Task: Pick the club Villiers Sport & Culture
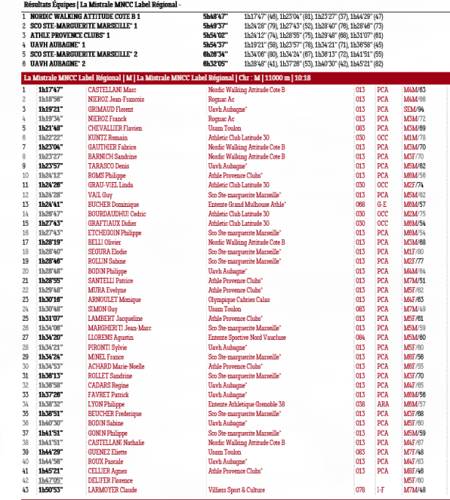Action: pos(236,490)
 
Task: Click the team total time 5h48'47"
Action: pos(215,15)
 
